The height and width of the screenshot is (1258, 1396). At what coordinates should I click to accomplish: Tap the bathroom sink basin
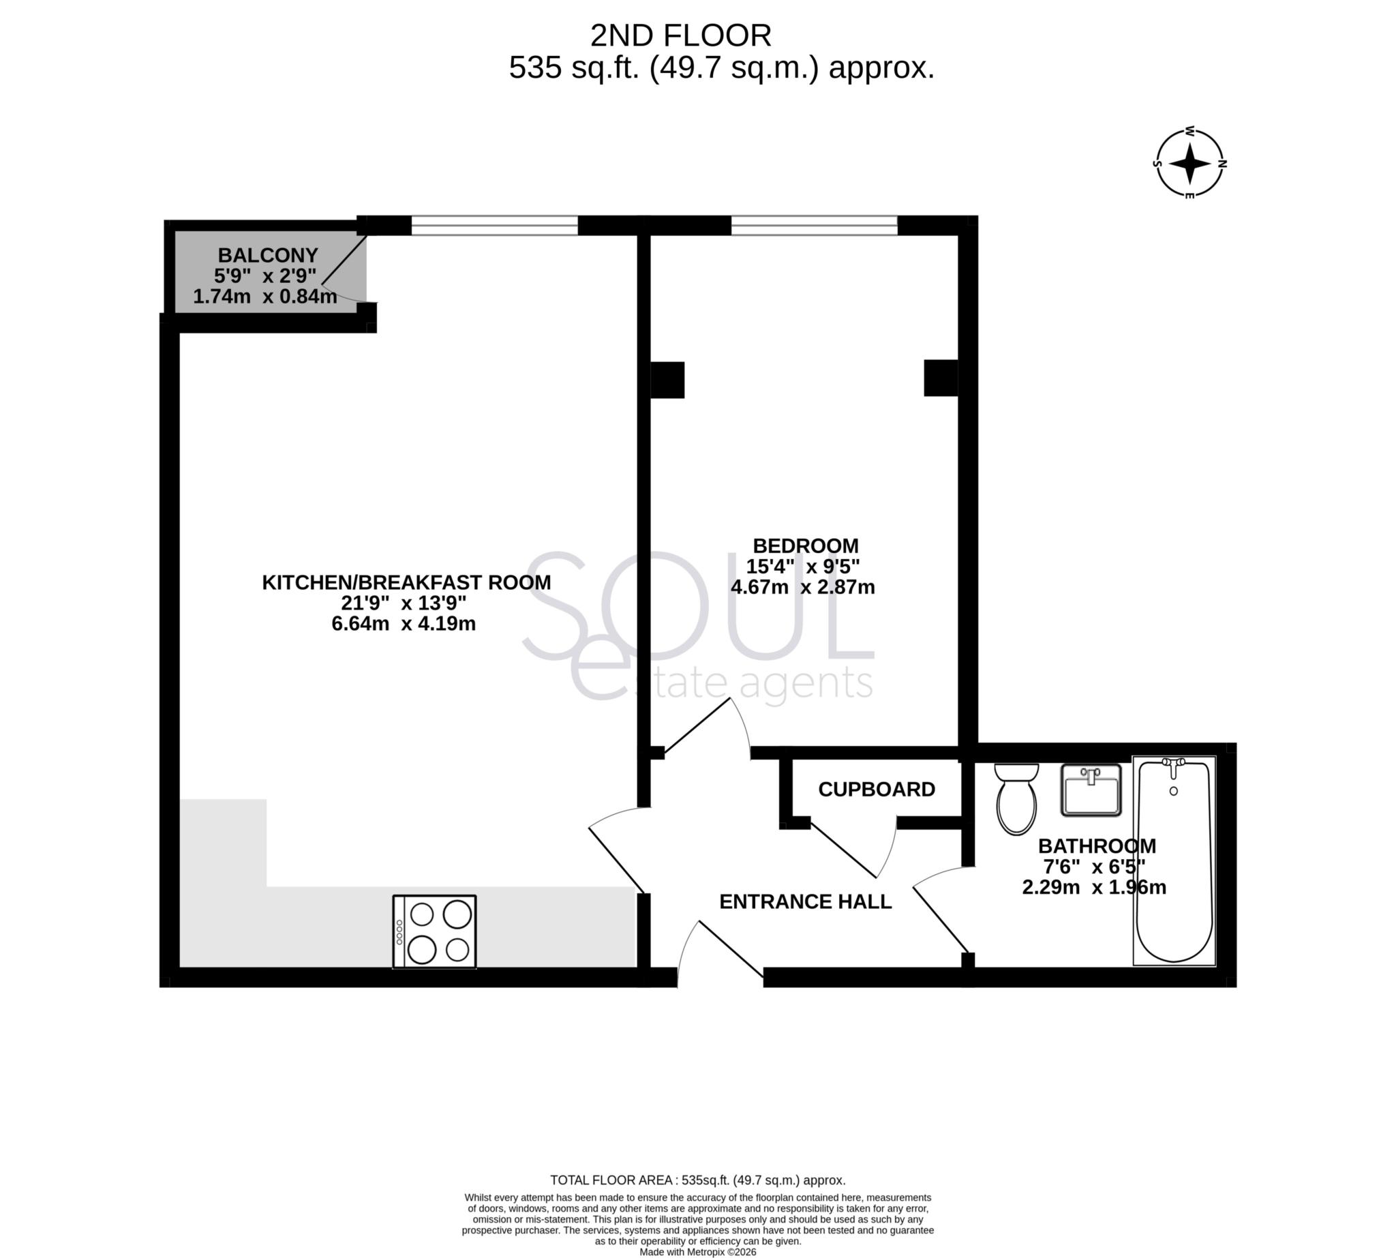(x=1091, y=790)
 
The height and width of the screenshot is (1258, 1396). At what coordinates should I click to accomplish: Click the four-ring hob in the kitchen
(x=434, y=931)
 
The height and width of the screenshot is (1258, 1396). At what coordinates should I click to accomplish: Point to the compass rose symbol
(x=1189, y=164)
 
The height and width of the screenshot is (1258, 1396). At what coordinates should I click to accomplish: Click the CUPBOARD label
(x=877, y=790)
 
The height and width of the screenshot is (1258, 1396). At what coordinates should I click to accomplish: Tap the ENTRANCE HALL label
(x=805, y=901)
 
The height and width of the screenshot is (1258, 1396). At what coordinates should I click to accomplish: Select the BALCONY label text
(x=267, y=255)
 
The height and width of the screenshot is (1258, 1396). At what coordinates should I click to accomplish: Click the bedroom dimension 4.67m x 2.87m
(x=802, y=588)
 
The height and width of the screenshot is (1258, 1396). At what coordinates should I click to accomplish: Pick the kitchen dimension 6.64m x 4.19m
(x=404, y=624)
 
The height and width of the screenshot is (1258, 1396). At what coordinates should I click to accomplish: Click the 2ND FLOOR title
(x=680, y=35)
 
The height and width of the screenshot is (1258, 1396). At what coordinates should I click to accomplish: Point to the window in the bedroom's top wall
(x=813, y=225)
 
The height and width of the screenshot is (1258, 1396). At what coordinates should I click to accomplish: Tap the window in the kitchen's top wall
(x=494, y=225)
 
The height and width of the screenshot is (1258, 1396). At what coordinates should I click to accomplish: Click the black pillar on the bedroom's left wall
(x=667, y=380)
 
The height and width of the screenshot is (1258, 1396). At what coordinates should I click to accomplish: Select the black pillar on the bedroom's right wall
(x=941, y=378)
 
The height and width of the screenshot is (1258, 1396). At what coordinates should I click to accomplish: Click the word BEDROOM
(x=805, y=546)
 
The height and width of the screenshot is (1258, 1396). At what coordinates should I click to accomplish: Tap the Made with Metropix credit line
(x=697, y=1252)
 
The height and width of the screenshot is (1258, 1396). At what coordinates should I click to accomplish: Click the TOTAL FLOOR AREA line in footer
(x=697, y=1180)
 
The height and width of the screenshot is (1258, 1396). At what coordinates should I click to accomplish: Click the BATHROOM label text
(x=1096, y=846)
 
